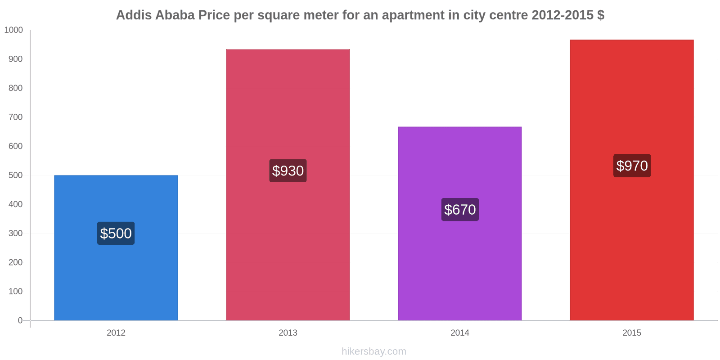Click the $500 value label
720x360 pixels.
(x=116, y=233)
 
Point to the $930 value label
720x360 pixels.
(x=288, y=171)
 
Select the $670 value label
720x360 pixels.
(x=459, y=209)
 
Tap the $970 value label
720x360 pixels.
(x=631, y=166)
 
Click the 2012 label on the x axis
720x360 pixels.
(x=116, y=333)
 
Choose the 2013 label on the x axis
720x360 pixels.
(x=288, y=333)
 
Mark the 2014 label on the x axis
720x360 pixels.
(x=459, y=333)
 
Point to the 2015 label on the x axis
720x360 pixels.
(x=631, y=333)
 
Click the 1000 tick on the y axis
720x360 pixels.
(x=13, y=30)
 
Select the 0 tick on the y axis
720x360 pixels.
(x=20, y=320)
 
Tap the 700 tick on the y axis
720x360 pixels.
(x=15, y=117)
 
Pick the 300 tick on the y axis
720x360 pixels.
(x=15, y=233)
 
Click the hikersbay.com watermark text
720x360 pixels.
(x=373, y=351)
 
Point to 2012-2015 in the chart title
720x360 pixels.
(x=562, y=15)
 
